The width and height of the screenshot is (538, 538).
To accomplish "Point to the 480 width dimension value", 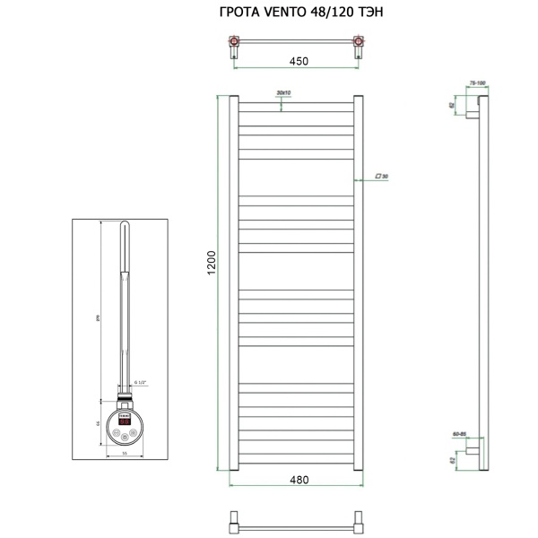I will point(299,480).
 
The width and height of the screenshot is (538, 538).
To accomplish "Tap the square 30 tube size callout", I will point(380,177).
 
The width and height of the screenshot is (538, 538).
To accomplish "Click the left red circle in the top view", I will point(236,41).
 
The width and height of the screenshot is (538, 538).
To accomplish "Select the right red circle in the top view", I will point(360,41).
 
